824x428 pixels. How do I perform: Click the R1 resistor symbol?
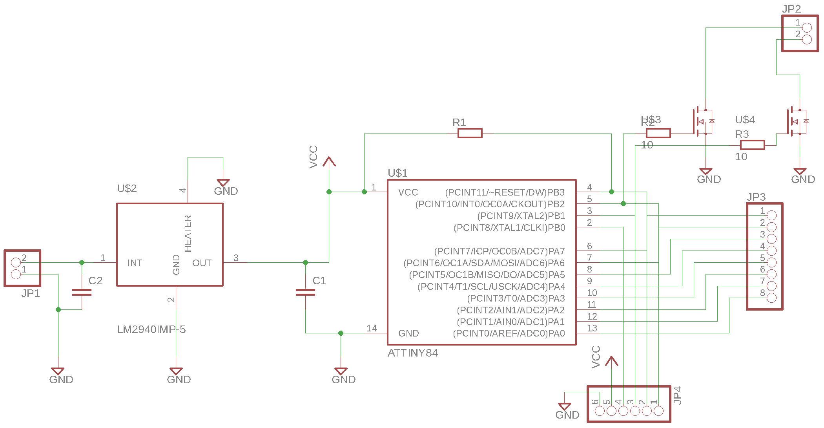(x=470, y=134)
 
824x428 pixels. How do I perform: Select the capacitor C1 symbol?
(x=305, y=292)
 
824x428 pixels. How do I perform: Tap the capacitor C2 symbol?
(x=82, y=292)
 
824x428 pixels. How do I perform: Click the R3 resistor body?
(x=752, y=145)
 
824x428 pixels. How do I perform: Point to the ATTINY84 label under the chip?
(x=412, y=353)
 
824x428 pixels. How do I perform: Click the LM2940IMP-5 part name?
(x=151, y=329)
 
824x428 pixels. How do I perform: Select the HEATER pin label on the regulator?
(x=188, y=233)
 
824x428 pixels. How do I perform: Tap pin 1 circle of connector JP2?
(x=807, y=27)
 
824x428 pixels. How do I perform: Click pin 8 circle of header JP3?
(x=771, y=298)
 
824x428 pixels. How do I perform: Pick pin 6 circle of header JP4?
(x=600, y=411)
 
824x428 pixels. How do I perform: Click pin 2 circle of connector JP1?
(x=16, y=262)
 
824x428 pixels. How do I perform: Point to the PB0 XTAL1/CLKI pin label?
(x=509, y=228)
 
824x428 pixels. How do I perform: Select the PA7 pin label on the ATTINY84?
(x=499, y=251)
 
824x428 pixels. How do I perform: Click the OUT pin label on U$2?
(x=202, y=263)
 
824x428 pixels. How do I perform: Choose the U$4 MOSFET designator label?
(x=745, y=119)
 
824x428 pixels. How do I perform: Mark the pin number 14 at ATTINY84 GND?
(x=372, y=328)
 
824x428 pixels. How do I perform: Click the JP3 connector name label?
(x=756, y=197)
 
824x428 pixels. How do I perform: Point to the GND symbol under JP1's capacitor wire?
(x=58, y=371)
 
